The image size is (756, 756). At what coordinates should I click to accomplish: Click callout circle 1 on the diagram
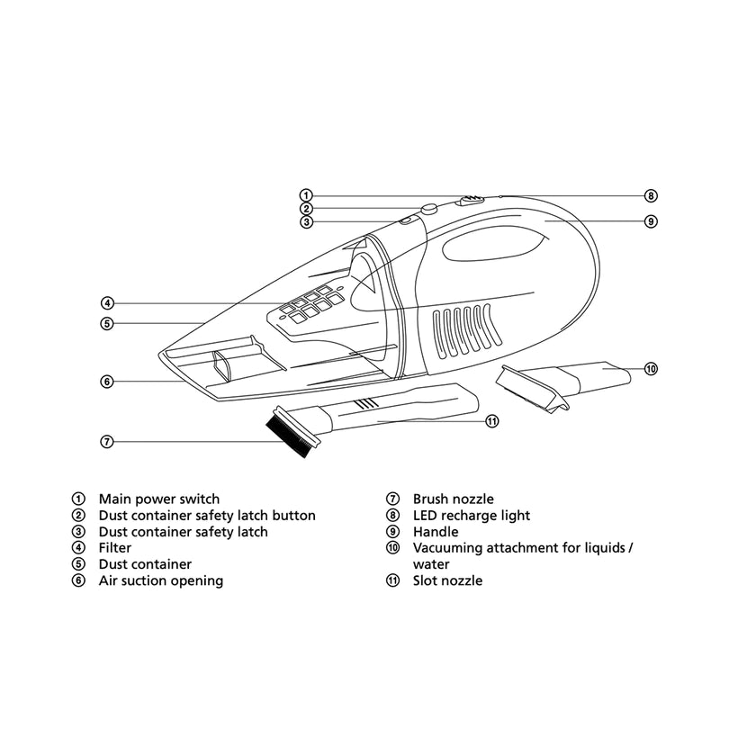pos(306,195)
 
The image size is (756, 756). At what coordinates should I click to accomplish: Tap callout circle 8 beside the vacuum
pos(651,195)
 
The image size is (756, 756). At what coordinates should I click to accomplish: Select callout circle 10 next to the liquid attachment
pos(651,368)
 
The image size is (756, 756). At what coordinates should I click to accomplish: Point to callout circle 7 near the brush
pos(107,441)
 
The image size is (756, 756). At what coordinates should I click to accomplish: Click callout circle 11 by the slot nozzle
pos(492,420)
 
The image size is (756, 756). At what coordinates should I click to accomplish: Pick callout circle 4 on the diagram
pos(107,303)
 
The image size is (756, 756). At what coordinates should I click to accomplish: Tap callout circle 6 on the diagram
pos(107,381)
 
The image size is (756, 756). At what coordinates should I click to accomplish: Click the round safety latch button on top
pos(429,209)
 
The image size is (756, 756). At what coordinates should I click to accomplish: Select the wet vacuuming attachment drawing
pos(562,380)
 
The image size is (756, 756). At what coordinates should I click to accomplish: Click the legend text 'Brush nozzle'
pos(453,499)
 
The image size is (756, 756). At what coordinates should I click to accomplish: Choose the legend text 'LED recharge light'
pos(471,516)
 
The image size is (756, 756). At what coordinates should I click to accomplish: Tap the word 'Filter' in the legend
pos(115,548)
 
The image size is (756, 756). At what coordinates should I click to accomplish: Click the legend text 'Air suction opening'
pos(160,580)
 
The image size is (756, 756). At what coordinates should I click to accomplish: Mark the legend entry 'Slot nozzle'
pos(447,580)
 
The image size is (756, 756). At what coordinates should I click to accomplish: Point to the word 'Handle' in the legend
pos(436,532)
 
